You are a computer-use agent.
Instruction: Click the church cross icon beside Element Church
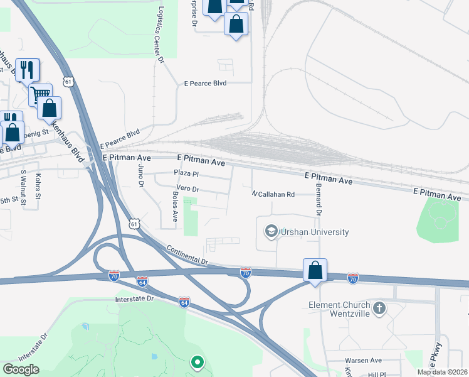coord(379,309)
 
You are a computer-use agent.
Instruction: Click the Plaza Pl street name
coord(186,173)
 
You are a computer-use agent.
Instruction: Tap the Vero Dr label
coord(187,188)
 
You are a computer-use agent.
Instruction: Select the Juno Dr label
coord(140,175)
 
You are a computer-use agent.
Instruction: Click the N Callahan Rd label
coord(273,195)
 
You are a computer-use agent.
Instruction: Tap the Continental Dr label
coord(187,254)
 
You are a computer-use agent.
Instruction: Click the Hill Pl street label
coord(377,374)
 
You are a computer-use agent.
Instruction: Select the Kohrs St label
coord(38,187)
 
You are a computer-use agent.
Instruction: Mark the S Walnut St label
coord(23,187)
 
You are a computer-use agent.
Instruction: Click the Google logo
coord(21,369)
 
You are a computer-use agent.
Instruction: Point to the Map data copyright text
coord(443,372)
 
